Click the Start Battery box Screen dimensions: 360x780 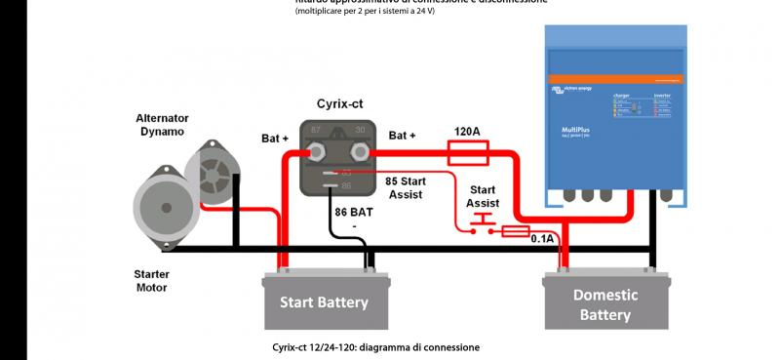[324, 301]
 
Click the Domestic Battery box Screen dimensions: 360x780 [604, 304]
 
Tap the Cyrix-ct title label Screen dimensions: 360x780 [341, 103]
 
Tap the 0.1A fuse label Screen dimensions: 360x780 [541, 238]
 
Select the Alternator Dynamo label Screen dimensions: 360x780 [162, 124]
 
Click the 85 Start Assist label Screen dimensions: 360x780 [404, 187]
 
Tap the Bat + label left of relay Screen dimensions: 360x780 [275, 139]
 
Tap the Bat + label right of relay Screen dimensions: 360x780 [402, 135]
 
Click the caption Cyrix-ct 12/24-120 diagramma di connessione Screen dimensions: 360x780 [375, 347]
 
